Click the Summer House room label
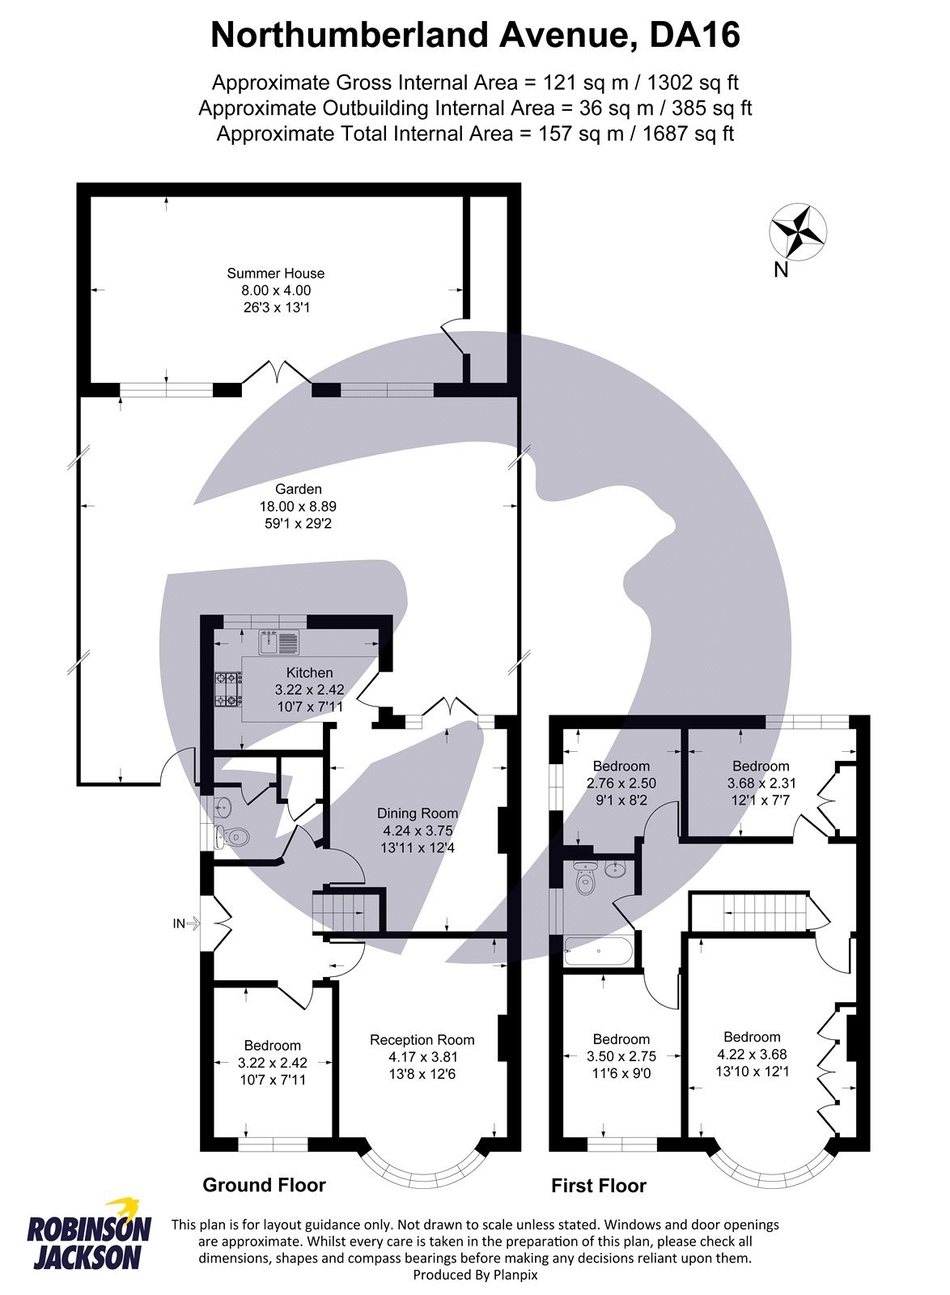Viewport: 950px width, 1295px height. (275, 274)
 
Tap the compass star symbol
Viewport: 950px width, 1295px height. (798, 233)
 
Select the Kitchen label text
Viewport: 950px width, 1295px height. (309, 673)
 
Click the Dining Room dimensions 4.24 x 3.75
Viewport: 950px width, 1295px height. (418, 830)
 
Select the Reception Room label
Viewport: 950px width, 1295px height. (422, 1039)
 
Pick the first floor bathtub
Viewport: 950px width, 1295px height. (599, 951)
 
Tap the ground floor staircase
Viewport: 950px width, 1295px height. (349, 912)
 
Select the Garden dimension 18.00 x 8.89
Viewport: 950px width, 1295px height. (298, 506)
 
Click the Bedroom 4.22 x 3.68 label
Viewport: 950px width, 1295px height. (752, 1037)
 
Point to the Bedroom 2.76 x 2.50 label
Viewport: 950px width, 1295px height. (621, 766)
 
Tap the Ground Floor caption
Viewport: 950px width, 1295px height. (264, 1185)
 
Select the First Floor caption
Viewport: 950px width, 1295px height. (599, 1186)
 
